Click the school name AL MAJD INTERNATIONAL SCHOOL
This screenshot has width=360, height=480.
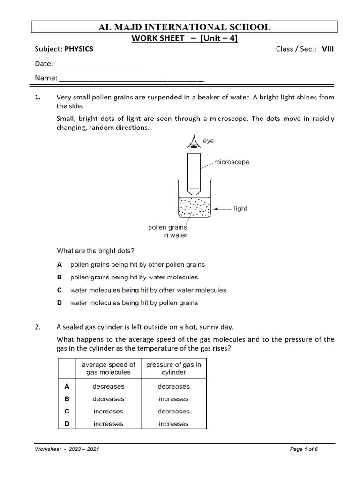184,27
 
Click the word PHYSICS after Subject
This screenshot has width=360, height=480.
79,49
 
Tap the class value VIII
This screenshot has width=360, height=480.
328,49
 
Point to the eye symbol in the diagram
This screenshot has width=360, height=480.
193,142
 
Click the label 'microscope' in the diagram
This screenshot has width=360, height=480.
232,162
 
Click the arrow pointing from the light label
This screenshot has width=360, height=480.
221,209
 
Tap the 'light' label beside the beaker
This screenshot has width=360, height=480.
240,209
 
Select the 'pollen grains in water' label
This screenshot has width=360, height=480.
167,232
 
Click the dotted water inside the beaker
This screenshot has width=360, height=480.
194,207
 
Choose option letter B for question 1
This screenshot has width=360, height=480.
60,277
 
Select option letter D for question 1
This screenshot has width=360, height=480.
60,303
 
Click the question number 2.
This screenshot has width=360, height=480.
38,327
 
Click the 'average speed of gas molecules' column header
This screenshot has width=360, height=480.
108,368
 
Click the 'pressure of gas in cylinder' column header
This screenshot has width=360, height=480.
173,368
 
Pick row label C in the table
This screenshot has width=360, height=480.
67,411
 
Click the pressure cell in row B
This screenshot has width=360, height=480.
173,399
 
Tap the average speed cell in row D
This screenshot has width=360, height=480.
108,424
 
